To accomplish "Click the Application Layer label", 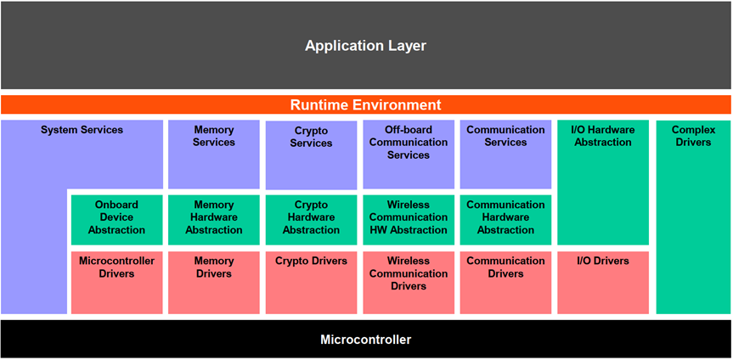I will click(x=365, y=46).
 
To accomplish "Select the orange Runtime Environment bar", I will click(x=365, y=105).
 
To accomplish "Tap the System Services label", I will click(x=82, y=131).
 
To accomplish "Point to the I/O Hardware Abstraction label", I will click(x=603, y=137).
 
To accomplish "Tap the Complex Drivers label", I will click(x=693, y=137).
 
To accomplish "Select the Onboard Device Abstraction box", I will click(x=116, y=218).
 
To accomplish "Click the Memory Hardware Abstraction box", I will click(x=214, y=218).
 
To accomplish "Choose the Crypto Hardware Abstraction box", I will click(x=311, y=218).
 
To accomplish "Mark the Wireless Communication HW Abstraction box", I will click(x=409, y=218).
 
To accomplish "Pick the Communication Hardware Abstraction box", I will click(x=505, y=218).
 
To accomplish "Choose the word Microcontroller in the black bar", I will click(x=365, y=340).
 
